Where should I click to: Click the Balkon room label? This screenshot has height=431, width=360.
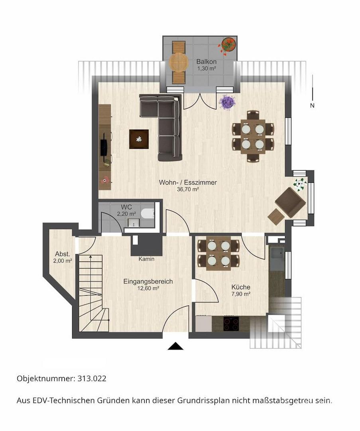pyautogui.click(x=206, y=62)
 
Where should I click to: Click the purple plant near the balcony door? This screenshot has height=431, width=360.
pyautogui.click(x=227, y=102)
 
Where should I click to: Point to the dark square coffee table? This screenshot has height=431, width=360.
pyautogui.click(x=139, y=139)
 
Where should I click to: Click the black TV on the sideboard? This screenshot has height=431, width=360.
pyautogui.click(x=104, y=144)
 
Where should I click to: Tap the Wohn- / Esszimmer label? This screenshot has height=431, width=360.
pyautogui.click(x=188, y=182)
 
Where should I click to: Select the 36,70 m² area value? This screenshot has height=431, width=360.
pyautogui.click(x=188, y=190)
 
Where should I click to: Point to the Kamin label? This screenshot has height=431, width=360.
pyautogui.click(x=146, y=259)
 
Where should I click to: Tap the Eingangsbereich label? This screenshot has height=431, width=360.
pyautogui.click(x=148, y=281)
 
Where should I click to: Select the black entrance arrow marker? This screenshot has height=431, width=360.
pyautogui.click(x=175, y=346)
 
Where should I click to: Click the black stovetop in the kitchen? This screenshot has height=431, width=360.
pyautogui.click(x=231, y=324)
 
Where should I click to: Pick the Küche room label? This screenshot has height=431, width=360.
pyautogui.click(x=241, y=287)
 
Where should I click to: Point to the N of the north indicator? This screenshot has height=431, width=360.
pyautogui.click(x=312, y=105)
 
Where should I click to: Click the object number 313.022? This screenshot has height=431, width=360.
pyautogui.click(x=92, y=378)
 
